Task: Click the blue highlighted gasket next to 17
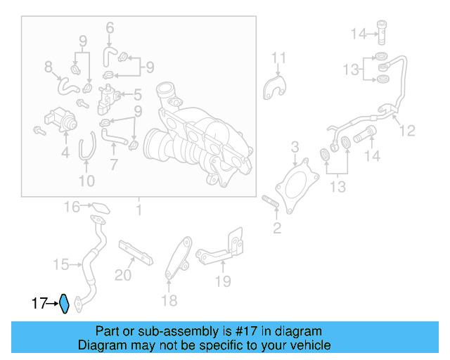[x=63, y=304]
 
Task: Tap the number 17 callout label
[x=39, y=304]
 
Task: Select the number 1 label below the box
[x=139, y=210]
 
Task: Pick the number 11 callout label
[x=279, y=58]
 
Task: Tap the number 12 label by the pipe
[x=407, y=131]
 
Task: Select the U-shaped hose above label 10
[x=85, y=148]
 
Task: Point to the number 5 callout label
[x=138, y=94]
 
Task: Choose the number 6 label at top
[x=110, y=28]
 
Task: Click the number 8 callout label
[x=49, y=67]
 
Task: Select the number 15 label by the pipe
[x=61, y=264]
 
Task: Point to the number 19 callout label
[x=222, y=282]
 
